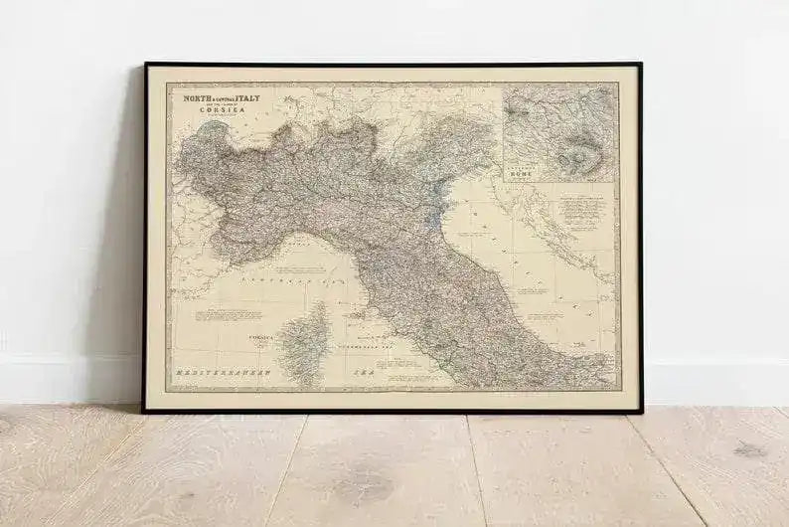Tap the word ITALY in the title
click(245, 99)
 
